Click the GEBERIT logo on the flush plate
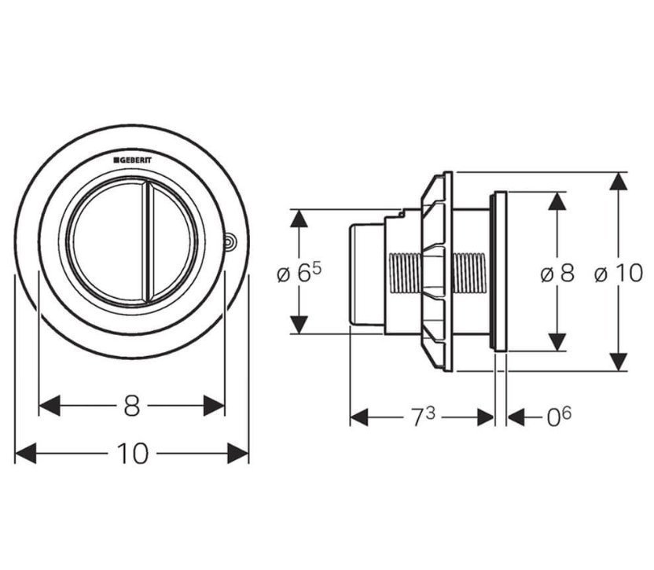click(133, 160)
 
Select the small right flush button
click(173, 242)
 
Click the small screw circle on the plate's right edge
click(230, 241)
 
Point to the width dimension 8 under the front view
click(132, 406)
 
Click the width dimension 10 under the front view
click(133, 454)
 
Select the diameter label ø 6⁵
click(299, 273)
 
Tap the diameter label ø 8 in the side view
click(557, 274)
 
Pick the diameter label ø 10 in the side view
click(619, 274)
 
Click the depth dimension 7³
click(424, 417)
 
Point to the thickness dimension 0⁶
click(559, 416)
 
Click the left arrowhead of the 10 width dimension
click(25, 454)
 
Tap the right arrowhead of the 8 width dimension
click(214, 406)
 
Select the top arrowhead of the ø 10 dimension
click(619, 182)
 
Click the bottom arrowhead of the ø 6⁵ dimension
click(299, 325)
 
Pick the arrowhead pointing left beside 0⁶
click(516, 417)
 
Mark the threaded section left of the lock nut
click(405, 274)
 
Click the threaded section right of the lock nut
click(469, 274)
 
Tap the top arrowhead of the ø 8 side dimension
click(557, 200)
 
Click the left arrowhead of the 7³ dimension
click(359, 417)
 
